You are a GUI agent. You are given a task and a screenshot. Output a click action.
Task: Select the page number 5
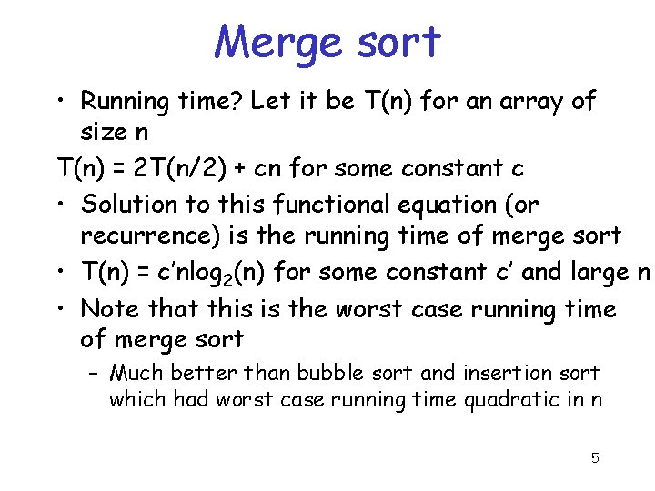click(595, 457)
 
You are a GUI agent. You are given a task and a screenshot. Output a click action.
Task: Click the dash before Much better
click(95, 373)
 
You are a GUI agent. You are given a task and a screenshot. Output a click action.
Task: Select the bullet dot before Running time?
click(60, 101)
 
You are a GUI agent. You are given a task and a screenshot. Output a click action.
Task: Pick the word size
click(103, 133)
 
